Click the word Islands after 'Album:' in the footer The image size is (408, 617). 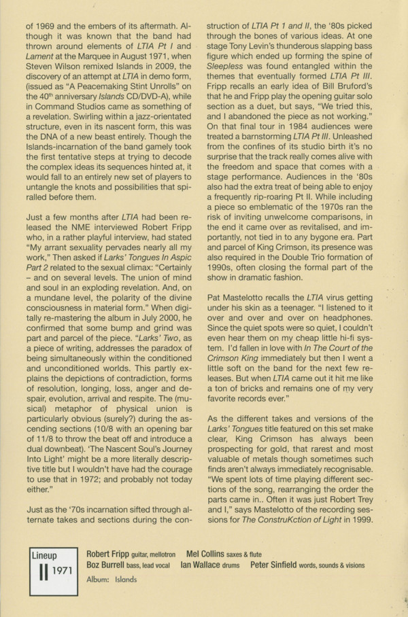[124, 579]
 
